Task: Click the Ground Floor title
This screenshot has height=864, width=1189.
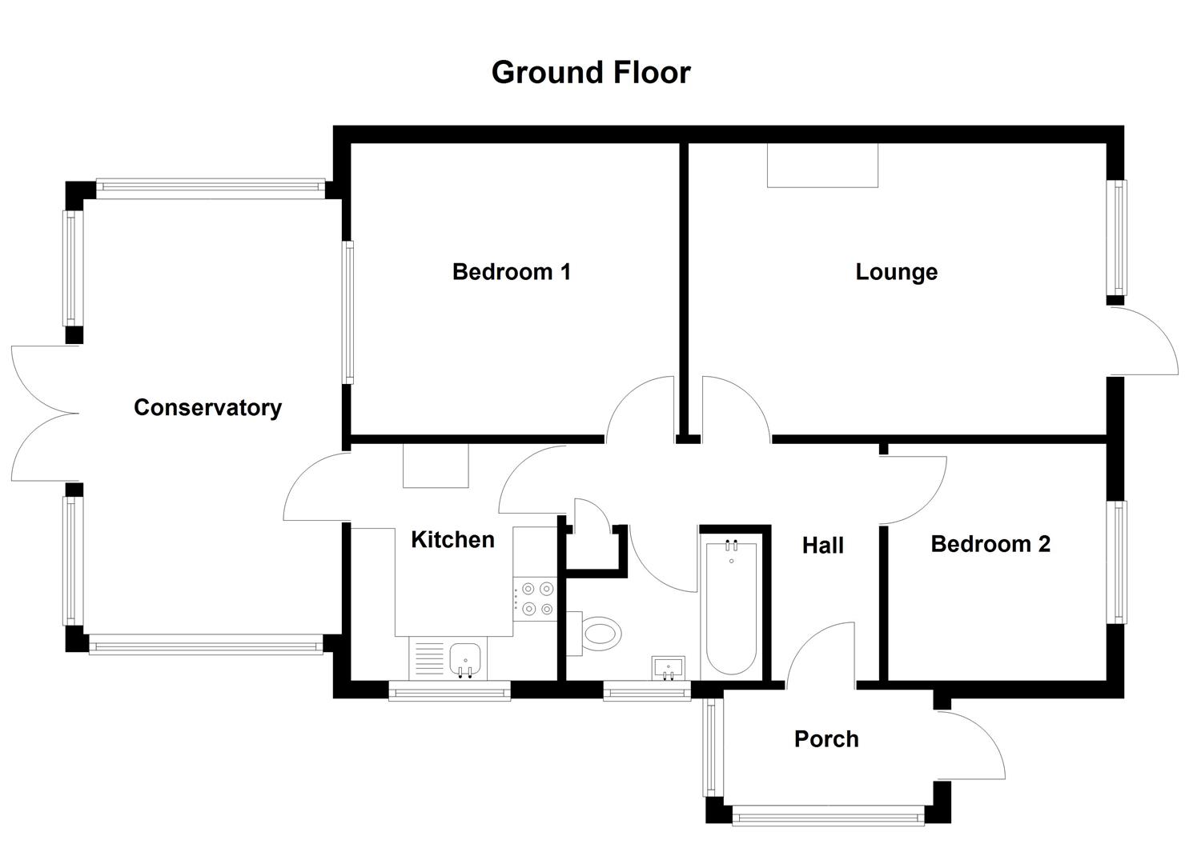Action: (590, 72)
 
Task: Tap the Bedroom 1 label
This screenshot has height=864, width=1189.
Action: (511, 272)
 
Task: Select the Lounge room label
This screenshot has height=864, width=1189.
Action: (896, 272)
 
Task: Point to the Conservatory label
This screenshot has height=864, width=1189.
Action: (207, 407)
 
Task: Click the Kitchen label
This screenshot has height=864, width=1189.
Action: (452, 540)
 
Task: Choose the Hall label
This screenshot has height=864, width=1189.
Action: (822, 546)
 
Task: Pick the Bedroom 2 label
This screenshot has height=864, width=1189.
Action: (990, 544)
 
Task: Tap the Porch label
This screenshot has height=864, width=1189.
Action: (825, 738)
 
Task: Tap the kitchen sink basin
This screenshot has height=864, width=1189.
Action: (464, 658)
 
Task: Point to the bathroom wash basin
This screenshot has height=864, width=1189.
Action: (669, 667)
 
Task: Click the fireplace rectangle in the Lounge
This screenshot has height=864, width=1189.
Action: (822, 165)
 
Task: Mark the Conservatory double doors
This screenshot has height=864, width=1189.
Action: (44, 414)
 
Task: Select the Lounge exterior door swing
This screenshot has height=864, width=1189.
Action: (1143, 340)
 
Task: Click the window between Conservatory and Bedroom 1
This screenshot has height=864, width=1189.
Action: (348, 312)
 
